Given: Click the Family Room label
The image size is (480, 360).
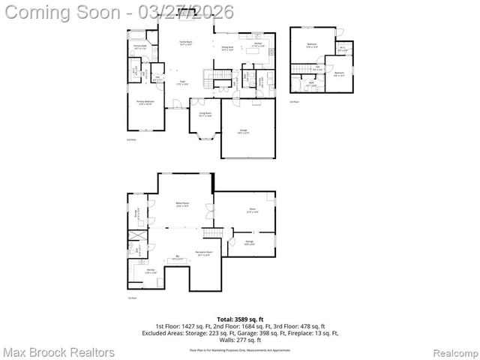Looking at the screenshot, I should (185, 44).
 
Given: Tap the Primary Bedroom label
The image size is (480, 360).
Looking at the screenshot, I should (144, 102).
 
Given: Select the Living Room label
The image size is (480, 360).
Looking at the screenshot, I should (204, 115).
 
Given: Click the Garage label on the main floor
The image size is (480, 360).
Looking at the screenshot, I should (243, 131).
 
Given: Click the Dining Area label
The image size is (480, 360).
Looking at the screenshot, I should (228, 49).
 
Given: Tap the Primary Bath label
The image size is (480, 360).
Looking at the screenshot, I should (139, 46).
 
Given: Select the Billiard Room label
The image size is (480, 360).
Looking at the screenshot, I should (181, 204).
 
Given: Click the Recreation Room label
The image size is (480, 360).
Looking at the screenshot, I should (203, 253).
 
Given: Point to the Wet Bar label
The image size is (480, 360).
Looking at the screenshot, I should (149, 271).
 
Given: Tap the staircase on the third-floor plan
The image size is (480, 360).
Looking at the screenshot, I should (301, 70).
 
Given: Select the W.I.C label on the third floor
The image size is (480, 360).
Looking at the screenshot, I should (342, 49).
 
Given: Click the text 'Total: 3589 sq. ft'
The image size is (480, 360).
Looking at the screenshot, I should (239, 319).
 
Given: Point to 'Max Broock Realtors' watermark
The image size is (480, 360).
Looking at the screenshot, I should (58, 352).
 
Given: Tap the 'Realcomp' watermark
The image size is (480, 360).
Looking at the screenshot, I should (449, 352).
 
